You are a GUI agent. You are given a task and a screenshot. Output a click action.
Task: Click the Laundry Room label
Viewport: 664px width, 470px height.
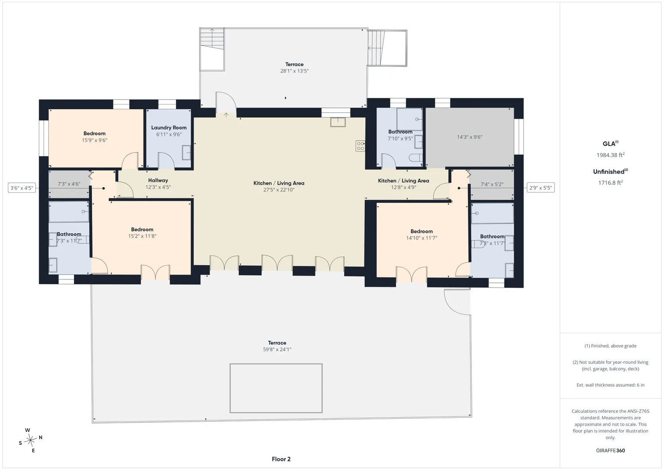point(169,128)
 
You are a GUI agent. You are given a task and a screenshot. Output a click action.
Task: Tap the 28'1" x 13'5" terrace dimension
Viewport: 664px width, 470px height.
point(294,71)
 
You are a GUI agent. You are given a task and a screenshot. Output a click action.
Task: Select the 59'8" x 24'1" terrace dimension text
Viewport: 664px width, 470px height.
point(277,349)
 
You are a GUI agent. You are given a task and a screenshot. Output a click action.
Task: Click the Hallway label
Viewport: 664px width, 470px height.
point(158,181)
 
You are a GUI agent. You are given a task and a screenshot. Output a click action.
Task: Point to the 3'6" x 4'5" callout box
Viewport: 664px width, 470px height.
point(22,188)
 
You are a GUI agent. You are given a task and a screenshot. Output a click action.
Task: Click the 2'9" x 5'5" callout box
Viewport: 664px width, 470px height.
point(541,188)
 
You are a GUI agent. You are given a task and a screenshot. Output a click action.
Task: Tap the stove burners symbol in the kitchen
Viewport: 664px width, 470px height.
point(360,146)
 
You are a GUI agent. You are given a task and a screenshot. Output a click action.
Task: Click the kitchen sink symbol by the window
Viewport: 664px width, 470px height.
point(338,122)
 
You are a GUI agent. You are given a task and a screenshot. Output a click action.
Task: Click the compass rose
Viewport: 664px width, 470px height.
point(30,440)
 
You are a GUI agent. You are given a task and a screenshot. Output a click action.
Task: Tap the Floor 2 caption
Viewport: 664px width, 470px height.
point(281,459)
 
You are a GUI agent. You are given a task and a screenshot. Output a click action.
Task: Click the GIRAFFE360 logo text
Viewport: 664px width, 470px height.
point(611,450)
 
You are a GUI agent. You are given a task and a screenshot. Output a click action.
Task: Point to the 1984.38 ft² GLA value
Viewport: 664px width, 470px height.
point(611,155)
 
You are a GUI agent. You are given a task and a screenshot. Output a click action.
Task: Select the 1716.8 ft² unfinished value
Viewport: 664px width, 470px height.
point(611,183)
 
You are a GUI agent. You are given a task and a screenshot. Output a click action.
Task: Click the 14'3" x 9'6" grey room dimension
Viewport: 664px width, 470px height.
point(470,137)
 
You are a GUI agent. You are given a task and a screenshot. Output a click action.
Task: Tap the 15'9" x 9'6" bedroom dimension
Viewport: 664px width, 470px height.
point(94,140)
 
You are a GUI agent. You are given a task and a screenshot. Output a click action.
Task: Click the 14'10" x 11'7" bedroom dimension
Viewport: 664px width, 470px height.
point(421,238)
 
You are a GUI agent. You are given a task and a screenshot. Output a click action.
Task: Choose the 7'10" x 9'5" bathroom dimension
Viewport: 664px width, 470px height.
point(400,138)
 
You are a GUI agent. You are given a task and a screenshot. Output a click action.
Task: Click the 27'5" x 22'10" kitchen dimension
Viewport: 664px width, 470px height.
point(279,190)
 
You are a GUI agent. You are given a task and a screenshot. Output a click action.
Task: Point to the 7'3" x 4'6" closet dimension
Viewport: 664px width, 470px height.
point(69,184)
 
